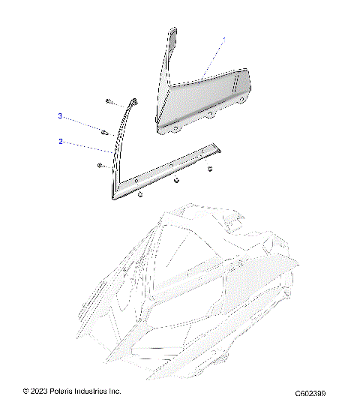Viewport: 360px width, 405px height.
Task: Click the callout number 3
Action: click(60, 116)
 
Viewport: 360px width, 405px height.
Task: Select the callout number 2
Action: click(60, 140)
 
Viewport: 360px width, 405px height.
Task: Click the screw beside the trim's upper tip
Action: click(110, 100)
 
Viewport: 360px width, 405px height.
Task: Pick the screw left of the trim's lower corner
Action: click(100, 165)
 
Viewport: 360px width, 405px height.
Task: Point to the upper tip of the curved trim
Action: click(136, 99)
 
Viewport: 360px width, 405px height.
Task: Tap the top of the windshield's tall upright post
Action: click(172, 33)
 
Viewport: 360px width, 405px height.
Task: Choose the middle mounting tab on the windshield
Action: click(212, 115)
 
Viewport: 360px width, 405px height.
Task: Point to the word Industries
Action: click(94, 391)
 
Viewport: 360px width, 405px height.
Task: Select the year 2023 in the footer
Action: click(38, 391)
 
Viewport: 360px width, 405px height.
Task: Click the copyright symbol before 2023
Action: click(26, 391)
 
